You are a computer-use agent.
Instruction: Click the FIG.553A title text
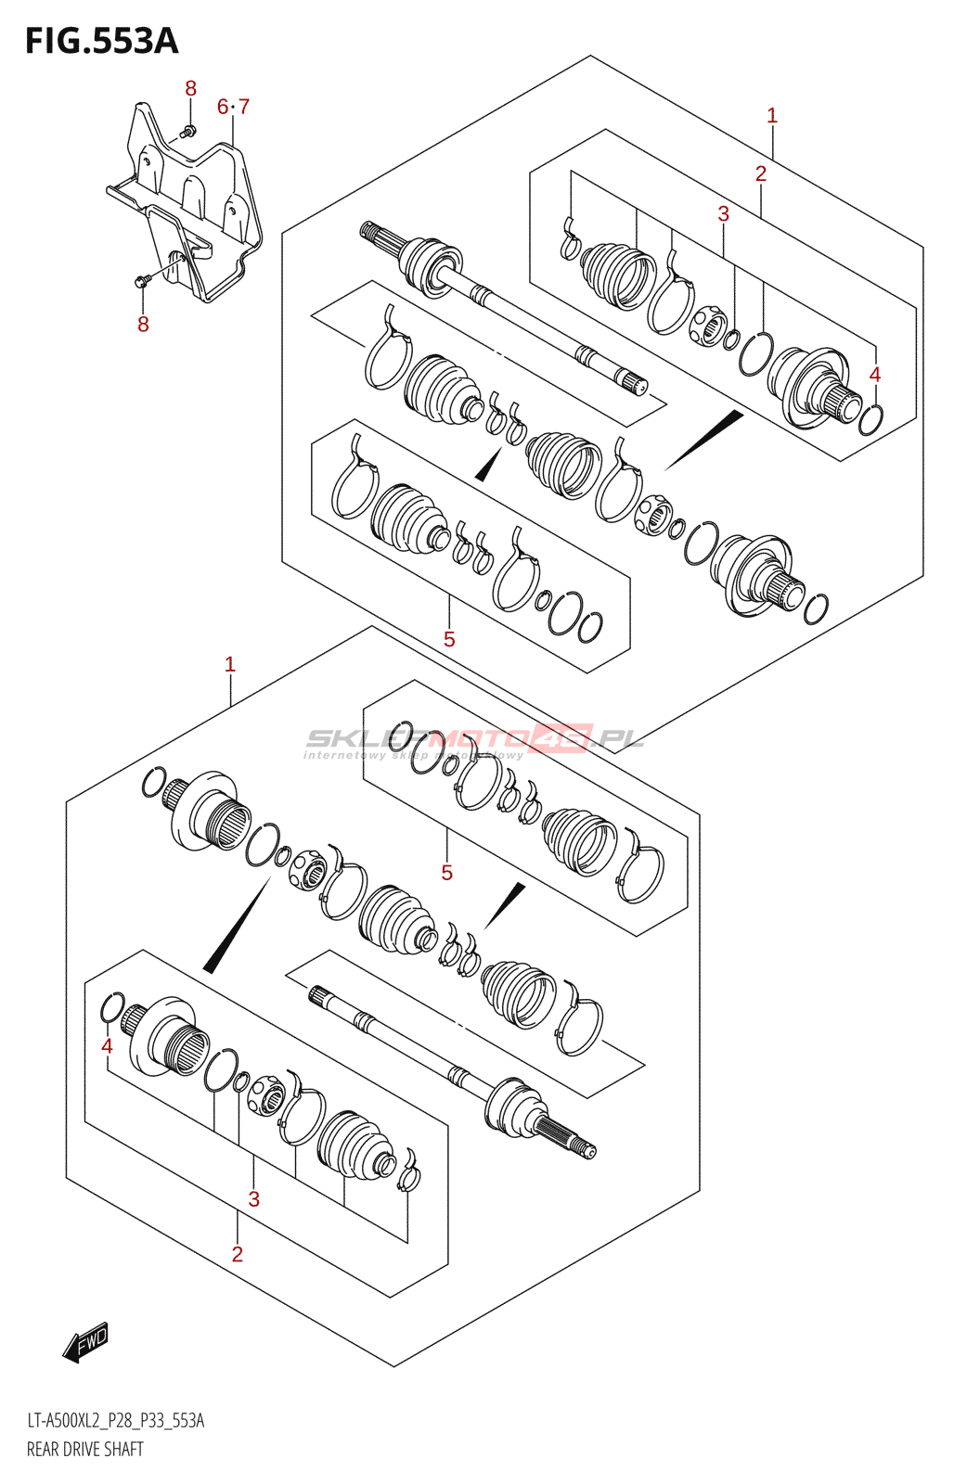point(101,42)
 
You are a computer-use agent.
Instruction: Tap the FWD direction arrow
point(86,1342)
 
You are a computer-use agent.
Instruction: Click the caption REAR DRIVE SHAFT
point(85,1449)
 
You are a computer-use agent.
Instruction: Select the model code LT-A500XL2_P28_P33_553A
point(116,1420)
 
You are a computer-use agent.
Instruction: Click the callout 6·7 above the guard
point(233,107)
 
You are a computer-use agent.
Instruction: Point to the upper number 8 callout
point(190,89)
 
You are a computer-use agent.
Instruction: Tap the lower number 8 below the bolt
point(143,325)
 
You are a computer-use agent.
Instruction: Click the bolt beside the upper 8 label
point(188,132)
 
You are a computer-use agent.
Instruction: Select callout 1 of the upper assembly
point(772,116)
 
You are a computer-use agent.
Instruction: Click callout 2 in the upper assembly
point(761,173)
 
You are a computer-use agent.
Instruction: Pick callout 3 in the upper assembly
point(724,213)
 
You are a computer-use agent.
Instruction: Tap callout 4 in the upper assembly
point(874,375)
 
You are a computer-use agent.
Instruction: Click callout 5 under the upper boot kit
point(449,639)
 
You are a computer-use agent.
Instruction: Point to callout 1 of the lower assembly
point(230,665)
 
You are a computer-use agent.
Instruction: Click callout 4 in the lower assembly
point(107,1046)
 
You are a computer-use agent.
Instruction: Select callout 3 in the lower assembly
point(253,1199)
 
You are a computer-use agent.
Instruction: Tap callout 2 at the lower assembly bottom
point(238,1254)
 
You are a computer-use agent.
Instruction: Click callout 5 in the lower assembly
point(447,873)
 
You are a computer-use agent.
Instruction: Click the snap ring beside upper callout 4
point(870,419)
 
